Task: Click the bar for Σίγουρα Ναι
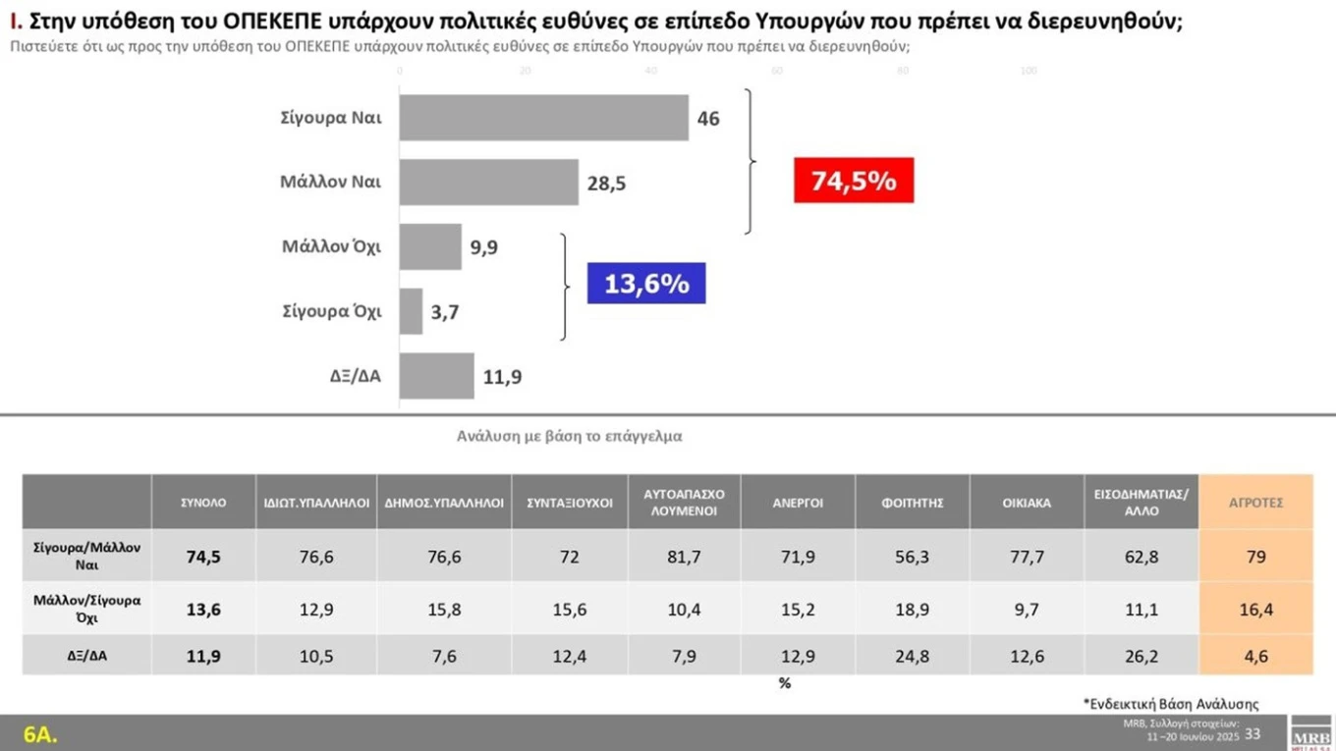544,118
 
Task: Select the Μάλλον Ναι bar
489,182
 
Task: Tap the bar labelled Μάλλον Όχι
430,246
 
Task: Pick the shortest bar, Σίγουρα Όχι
411,311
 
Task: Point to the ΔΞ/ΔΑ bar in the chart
437,376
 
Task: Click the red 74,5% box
854,181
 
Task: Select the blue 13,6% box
646,284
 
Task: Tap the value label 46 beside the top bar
708,119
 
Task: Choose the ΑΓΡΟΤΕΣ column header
1256,503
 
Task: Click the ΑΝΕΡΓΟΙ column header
798,503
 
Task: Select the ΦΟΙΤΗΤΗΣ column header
913,503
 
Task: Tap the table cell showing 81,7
684,557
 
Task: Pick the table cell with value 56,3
913,557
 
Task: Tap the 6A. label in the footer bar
41,733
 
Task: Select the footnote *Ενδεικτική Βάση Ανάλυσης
1170,703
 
